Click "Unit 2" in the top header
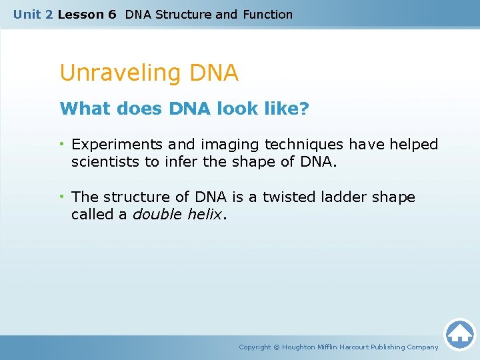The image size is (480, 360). point(33,14)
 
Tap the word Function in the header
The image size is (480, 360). point(267,14)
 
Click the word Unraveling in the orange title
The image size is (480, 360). point(113,73)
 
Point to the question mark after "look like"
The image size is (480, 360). point(305,109)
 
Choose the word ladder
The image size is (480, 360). point(345,197)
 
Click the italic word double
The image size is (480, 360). point(155,215)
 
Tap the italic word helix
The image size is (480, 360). point(202,215)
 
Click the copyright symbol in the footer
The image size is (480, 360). point(277,347)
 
